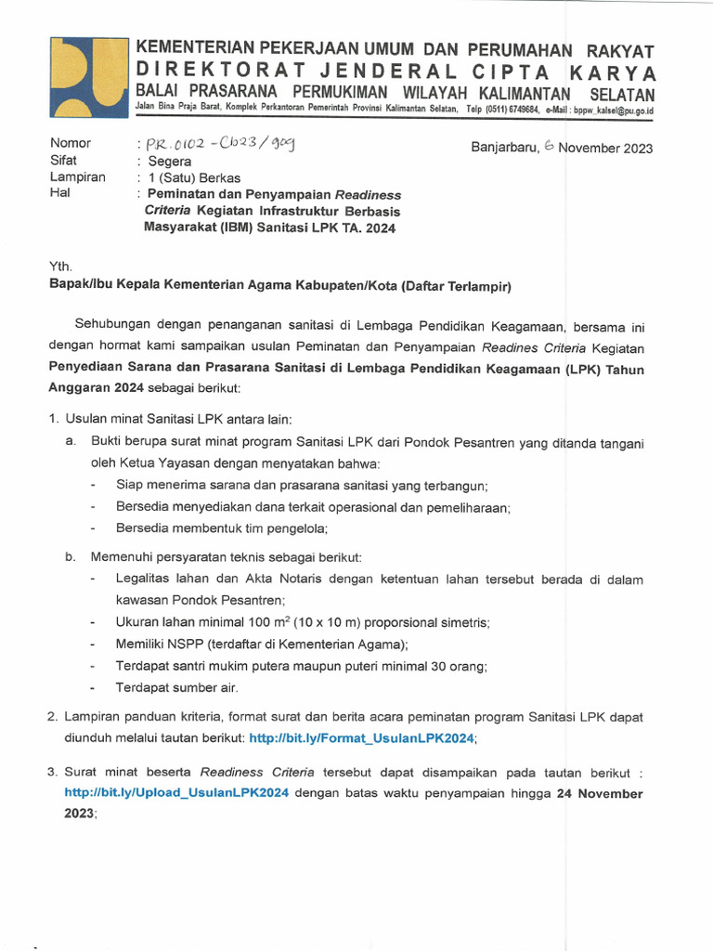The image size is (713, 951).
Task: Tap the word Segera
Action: tap(170, 161)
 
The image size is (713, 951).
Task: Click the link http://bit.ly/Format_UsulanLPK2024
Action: tap(362, 737)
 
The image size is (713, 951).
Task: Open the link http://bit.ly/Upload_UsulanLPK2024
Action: tap(176, 793)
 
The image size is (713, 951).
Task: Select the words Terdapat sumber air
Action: tap(176, 688)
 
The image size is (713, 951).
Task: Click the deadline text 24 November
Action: tap(599, 793)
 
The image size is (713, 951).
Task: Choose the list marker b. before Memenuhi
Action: tap(70, 556)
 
